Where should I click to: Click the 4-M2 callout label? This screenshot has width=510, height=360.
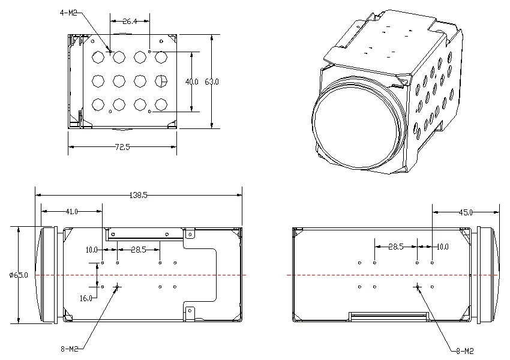(x=68, y=13)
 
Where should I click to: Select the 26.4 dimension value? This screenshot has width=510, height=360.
(x=130, y=22)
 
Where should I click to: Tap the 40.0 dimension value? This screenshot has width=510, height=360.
(x=191, y=82)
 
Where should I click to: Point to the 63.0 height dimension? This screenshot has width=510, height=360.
(x=212, y=82)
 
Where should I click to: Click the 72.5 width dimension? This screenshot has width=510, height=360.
(x=122, y=147)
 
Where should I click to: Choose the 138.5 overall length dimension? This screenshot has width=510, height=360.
(x=138, y=195)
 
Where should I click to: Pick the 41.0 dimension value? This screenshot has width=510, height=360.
(x=72, y=212)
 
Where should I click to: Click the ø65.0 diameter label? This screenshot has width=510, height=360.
(x=19, y=275)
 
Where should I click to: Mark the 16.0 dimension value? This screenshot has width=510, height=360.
(x=86, y=298)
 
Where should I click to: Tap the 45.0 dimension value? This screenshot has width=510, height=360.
(x=466, y=212)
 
